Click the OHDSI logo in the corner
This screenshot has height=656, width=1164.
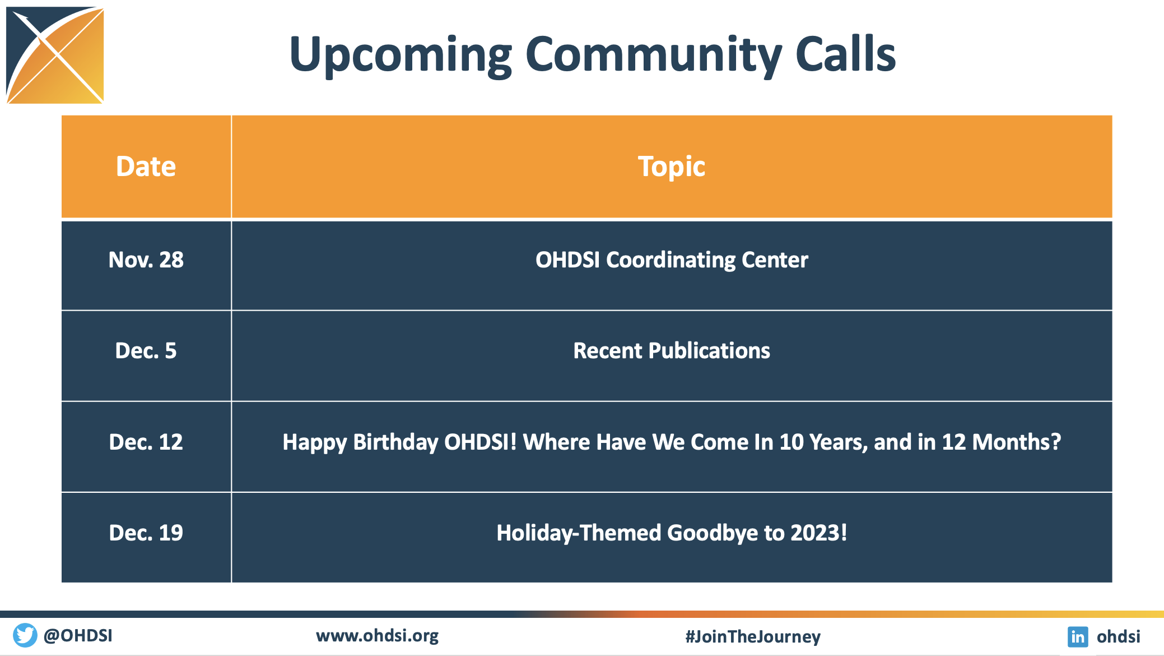click(55, 55)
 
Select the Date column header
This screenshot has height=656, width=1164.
click(146, 167)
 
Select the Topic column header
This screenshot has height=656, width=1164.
click(672, 167)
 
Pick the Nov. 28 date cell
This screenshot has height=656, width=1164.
click(146, 260)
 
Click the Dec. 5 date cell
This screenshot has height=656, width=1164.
click(146, 350)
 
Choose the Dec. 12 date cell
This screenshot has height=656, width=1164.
click(146, 442)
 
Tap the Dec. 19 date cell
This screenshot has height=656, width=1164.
click(146, 533)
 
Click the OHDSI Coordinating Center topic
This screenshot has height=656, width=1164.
click(672, 260)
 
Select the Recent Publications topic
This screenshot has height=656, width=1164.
click(672, 351)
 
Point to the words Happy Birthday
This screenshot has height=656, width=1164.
click(360, 442)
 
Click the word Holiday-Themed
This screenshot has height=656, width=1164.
click(579, 533)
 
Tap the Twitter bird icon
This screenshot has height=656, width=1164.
click(25, 635)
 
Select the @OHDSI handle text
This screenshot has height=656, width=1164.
click(78, 636)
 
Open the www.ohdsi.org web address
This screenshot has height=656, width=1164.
click(378, 636)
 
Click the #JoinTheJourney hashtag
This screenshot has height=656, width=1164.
click(753, 636)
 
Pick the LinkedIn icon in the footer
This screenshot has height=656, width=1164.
click(1078, 636)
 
